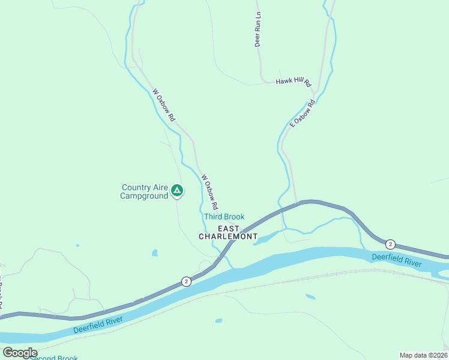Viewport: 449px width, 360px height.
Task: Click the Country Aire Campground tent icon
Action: click(x=177, y=191)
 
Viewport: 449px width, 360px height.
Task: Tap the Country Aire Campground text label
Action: click(x=144, y=192)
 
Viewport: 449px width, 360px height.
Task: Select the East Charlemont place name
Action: click(x=228, y=233)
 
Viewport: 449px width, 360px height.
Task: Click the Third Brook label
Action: click(x=224, y=217)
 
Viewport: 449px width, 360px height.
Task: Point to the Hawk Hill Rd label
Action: click(x=294, y=81)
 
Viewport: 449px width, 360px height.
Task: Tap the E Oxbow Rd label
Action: click(x=303, y=113)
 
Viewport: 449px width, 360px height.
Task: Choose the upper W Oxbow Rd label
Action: click(x=163, y=106)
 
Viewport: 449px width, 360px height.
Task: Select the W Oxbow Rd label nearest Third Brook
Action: click(x=211, y=191)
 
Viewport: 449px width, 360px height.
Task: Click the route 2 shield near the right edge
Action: click(x=391, y=244)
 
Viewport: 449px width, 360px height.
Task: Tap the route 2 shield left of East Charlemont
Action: click(x=187, y=281)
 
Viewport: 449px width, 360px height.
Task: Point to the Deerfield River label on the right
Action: click(x=396, y=260)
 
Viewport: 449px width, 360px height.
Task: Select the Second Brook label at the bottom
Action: click(x=53, y=358)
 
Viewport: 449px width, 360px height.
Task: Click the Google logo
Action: click(x=20, y=352)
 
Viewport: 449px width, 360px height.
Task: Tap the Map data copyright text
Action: click(x=423, y=355)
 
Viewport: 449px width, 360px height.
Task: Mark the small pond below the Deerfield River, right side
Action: click(x=310, y=296)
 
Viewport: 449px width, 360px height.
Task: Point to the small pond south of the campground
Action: click(x=154, y=253)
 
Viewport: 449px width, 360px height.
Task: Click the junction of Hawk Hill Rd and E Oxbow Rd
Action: click(x=315, y=83)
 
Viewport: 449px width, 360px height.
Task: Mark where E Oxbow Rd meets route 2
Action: click(x=297, y=205)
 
